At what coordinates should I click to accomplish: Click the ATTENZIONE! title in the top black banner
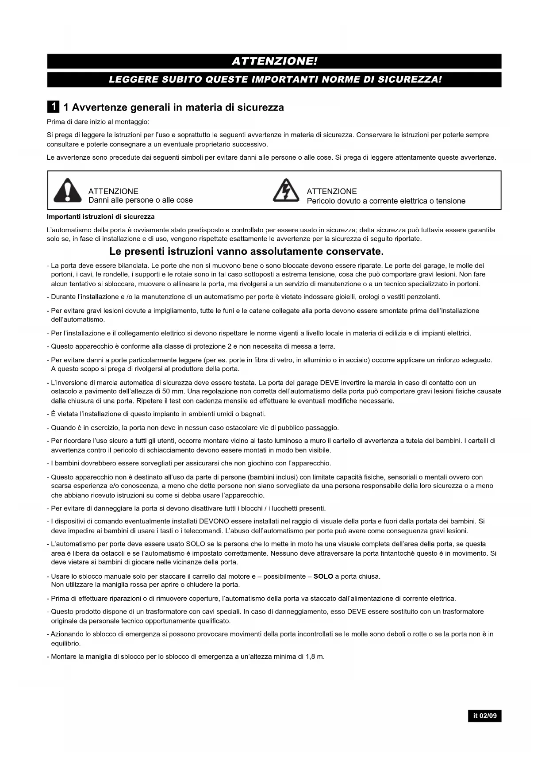point(274,61)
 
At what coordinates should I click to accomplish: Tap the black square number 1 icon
point(53,107)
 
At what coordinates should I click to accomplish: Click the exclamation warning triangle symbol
point(67,190)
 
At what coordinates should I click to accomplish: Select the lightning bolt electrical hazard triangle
point(286,190)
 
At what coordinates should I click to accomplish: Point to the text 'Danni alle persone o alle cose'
point(140,200)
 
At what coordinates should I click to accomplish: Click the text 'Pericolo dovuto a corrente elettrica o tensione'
point(386,201)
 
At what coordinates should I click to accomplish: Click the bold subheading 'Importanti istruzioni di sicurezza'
point(101,217)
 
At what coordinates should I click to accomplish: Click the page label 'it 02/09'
point(485,716)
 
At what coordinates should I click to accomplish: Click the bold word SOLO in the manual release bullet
point(323,576)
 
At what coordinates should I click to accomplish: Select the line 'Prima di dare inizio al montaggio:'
point(98,122)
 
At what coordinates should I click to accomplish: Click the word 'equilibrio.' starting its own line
point(66,644)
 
